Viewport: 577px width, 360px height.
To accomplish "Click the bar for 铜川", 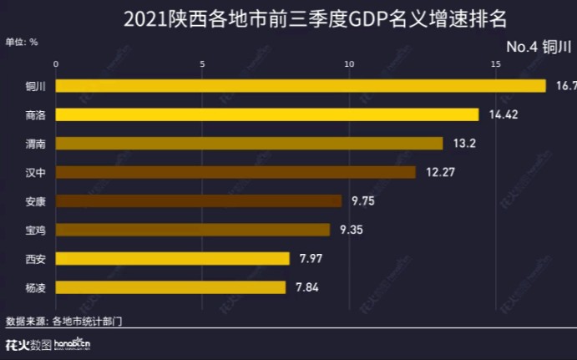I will (x=301, y=85).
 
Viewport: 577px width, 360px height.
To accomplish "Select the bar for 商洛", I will (x=267, y=114).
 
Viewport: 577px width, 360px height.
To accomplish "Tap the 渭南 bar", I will (x=250, y=143).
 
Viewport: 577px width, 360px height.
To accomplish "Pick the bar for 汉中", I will (x=235, y=172).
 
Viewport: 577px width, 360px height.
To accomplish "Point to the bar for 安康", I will (x=199, y=200).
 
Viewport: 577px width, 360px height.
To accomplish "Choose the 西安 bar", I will (x=173, y=259).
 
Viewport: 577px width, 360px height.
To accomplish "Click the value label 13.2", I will (x=463, y=144).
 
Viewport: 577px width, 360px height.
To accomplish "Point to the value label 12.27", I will (x=438, y=172).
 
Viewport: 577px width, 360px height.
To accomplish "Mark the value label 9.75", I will (x=364, y=201).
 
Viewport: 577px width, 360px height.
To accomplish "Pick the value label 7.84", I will (x=307, y=288).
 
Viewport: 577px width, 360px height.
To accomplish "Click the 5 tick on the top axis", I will (x=203, y=64).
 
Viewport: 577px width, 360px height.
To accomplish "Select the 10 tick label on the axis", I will (x=349, y=64).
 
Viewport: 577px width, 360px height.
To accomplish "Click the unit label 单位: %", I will (x=22, y=41).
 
